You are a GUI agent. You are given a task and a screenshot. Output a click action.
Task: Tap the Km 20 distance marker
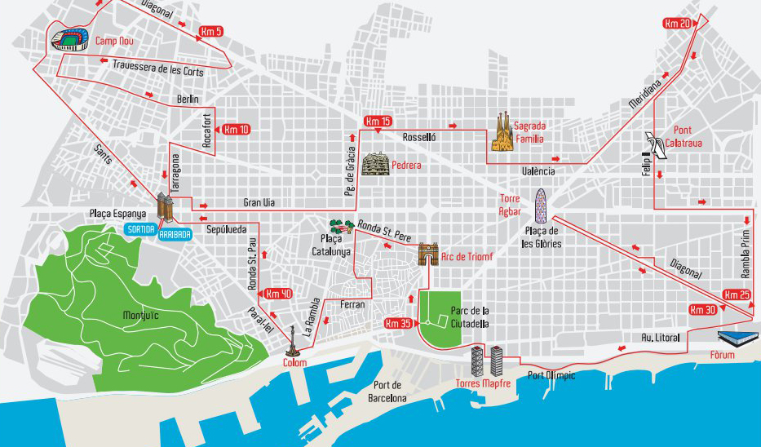click(678, 24)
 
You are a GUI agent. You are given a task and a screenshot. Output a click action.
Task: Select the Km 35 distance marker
click(399, 323)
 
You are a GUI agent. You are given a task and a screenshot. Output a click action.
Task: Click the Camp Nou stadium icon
click(70, 40)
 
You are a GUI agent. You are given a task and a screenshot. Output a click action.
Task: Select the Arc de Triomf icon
click(428, 255)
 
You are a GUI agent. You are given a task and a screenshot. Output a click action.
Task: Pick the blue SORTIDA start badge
click(140, 230)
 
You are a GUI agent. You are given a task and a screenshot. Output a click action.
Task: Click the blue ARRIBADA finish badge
click(175, 233)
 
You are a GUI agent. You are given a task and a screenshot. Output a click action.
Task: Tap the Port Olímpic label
click(551, 375)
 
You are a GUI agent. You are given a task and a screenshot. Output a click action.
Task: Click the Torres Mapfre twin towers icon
click(486, 361)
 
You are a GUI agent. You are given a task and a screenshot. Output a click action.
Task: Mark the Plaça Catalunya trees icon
click(340, 226)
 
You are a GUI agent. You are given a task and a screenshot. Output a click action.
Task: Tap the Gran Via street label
click(257, 202)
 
